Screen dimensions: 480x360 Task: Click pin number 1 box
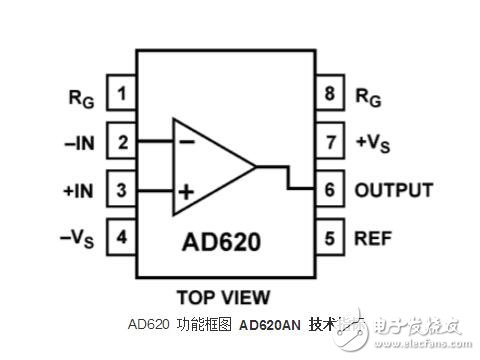(122, 96)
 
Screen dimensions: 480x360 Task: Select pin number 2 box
(122, 142)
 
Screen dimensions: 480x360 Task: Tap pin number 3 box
(122, 190)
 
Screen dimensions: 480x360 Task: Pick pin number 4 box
(122, 237)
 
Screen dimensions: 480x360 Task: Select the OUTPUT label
(393, 190)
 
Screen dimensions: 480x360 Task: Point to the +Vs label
(374, 144)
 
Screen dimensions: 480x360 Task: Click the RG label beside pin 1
(79, 97)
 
